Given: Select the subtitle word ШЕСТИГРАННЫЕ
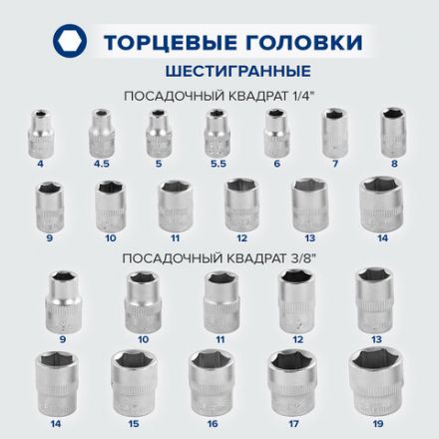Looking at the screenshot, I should [219, 71].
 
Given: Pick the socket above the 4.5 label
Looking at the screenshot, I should [100, 130].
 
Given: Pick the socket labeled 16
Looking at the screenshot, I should [211, 379].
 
